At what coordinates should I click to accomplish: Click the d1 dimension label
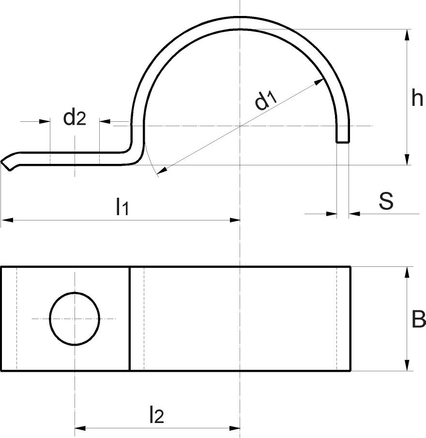click(x=266, y=101)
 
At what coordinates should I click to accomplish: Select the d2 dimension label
click(x=75, y=118)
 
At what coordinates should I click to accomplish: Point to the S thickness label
click(x=386, y=201)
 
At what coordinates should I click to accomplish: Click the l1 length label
click(x=122, y=207)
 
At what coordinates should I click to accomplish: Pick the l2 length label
click(x=156, y=415)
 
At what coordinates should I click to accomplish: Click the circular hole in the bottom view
click(x=75, y=319)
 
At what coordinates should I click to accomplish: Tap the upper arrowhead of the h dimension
click(x=407, y=35)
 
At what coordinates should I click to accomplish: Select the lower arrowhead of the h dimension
click(x=407, y=159)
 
